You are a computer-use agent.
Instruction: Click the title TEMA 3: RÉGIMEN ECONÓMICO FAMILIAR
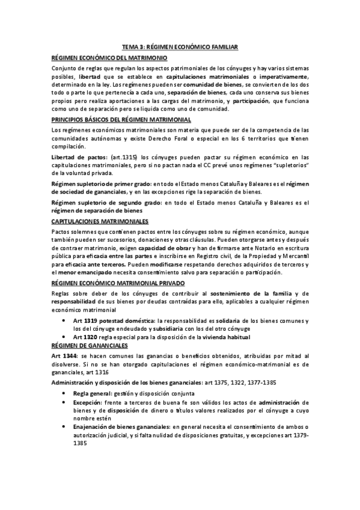pos(180,46)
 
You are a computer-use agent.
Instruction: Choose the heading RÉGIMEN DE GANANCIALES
pos(89,347)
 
